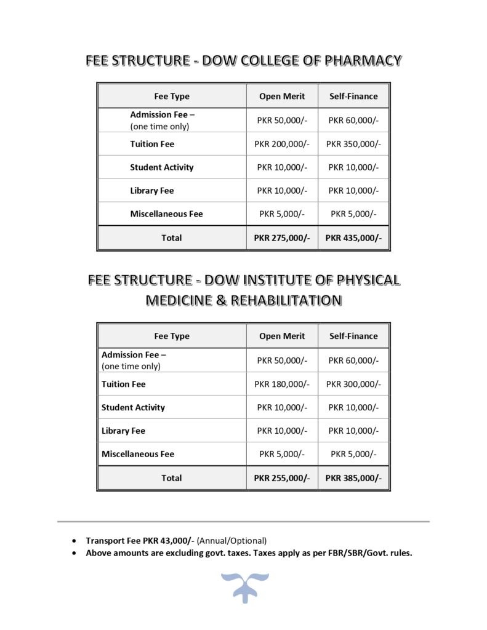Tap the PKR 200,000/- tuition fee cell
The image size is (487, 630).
pyautogui.click(x=282, y=144)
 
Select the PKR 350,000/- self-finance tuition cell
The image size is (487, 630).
pyautogui.click(x=353, y=144)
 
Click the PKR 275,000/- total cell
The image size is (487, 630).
pyautogui.click(x=282, y=238)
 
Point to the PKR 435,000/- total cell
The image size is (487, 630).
pyautogui.click(x=353, y=238)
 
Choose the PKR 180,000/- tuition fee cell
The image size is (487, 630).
pyautogui.click(x=282, y=384)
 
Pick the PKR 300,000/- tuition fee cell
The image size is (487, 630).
pyautogui.click(x=353, y=384)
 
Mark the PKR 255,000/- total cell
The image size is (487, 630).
pyautogui.click(x=282, y=478)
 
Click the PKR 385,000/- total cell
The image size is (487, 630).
pyautogui.click(x=353, y=478)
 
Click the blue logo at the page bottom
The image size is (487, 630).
pyautogui.click(x=243, y=586)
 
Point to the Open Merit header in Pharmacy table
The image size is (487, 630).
pyautogui.click(x=282, y=97)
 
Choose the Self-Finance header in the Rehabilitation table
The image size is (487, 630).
pyautogui.click(x=353, y=337)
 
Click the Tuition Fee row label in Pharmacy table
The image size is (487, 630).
pyautogui.click(x=152, y=144)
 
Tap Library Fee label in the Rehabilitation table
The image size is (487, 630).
pyautogui.click(x=124, y=431)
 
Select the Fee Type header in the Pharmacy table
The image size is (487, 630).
pyautogui.click(x=172, y=97)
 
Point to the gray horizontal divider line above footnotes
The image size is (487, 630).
pyautogui.click(x=243, y=522)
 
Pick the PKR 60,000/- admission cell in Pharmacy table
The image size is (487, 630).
pyautogui.click(x=353, y=121)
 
